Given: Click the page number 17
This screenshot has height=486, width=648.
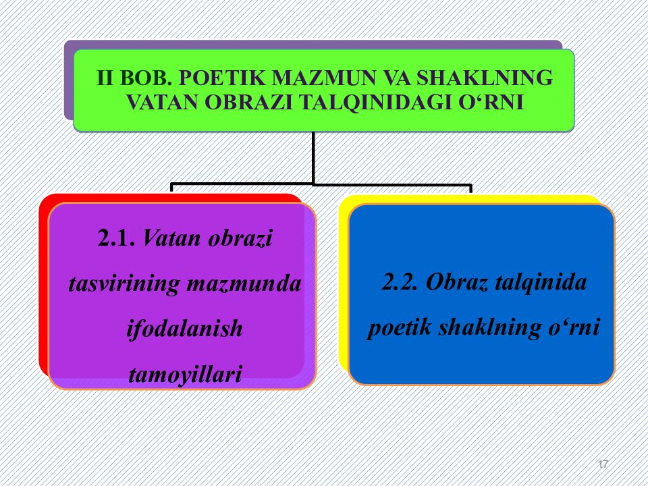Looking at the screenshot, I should pyautogui.click(x=603, y=464).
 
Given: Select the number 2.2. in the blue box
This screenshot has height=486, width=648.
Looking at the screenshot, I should pyautogui.click(x=402, y=282).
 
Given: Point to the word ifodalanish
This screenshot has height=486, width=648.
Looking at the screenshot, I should pyautogui.click(x=184, y=329).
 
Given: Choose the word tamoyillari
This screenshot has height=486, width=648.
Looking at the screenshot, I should pyautogui.click(x=184, y=373).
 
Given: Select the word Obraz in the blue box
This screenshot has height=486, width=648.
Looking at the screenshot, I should pyautogui.click(x=460, y=282).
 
